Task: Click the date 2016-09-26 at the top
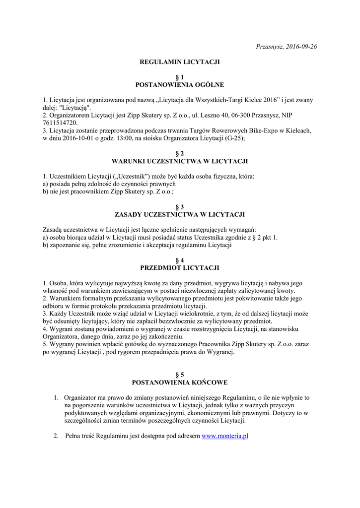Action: pos(300,47)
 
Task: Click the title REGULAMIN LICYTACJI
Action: pos(180,62)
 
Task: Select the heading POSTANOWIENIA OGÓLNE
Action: pos(180,85)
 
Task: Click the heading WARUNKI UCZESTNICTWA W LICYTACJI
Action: pos(180,161)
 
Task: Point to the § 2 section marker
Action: pos(180,154)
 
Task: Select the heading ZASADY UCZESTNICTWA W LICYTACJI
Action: pos(180,214)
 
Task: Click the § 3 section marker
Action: pos(180,207)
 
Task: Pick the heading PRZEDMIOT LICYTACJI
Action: pos(180,268)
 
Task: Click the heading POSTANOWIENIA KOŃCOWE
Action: pos(180,382)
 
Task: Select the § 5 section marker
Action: pos(180,375)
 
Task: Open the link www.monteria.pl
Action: pos(225,436)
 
